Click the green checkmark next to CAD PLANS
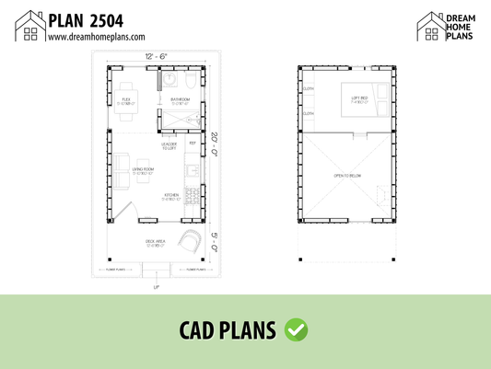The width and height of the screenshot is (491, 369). (297, 329)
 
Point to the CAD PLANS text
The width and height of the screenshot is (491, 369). (230, 329)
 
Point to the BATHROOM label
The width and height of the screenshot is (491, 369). (180, 99)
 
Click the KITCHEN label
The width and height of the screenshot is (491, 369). (171, 195)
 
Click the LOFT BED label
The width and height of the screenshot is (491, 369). (358, 98)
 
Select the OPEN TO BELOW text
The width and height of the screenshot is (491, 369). (347, 175)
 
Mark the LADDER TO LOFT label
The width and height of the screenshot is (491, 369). (169, 146)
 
